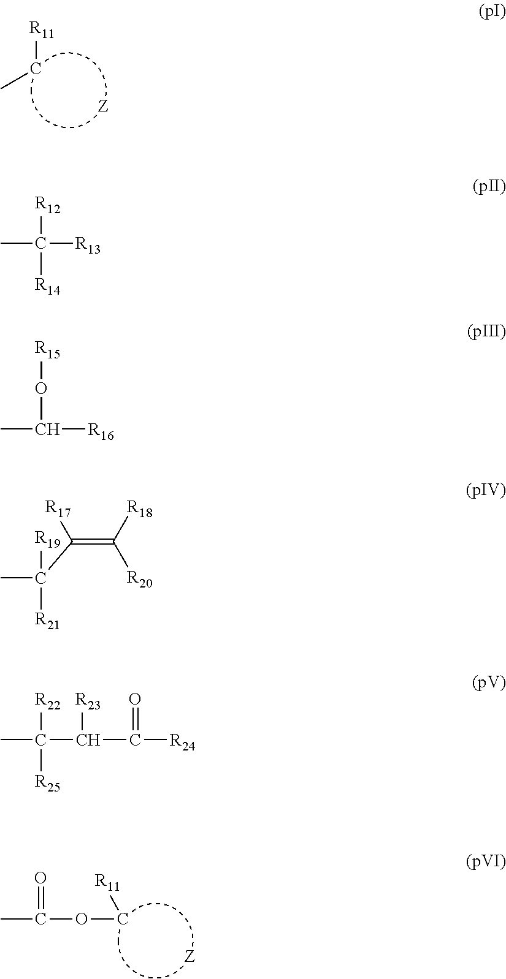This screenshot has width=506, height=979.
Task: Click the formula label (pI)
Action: tap(492, 12)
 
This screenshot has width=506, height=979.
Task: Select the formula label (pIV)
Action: tap(485, 490)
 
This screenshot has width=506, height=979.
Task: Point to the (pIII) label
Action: tap(486, 331)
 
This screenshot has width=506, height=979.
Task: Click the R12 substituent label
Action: tap(48, 205)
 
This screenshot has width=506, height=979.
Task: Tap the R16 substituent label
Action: tap(101, 432)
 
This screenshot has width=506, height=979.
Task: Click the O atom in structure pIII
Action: tap(41, 388)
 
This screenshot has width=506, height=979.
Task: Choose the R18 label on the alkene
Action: tap(140, 509)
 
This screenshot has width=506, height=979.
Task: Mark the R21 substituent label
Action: tap(48, 621)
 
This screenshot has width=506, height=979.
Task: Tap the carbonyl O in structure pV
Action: tap(136, 699)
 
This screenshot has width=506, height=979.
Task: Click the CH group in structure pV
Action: tap(88, 740)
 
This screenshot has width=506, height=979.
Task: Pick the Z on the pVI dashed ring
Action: tap(189, 957)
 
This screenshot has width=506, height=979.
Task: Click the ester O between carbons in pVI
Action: tap(82, 919)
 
